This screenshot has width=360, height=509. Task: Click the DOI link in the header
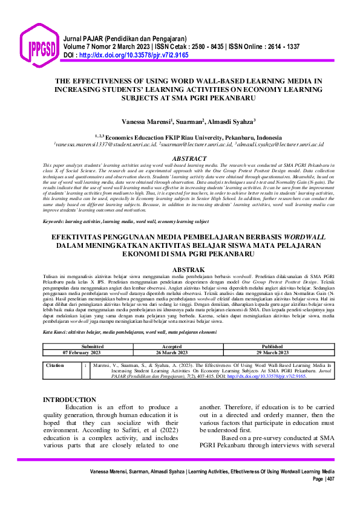point(128,54)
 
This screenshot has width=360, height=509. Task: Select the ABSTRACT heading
point(189,158)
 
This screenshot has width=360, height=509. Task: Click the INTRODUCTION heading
point(70,400)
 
